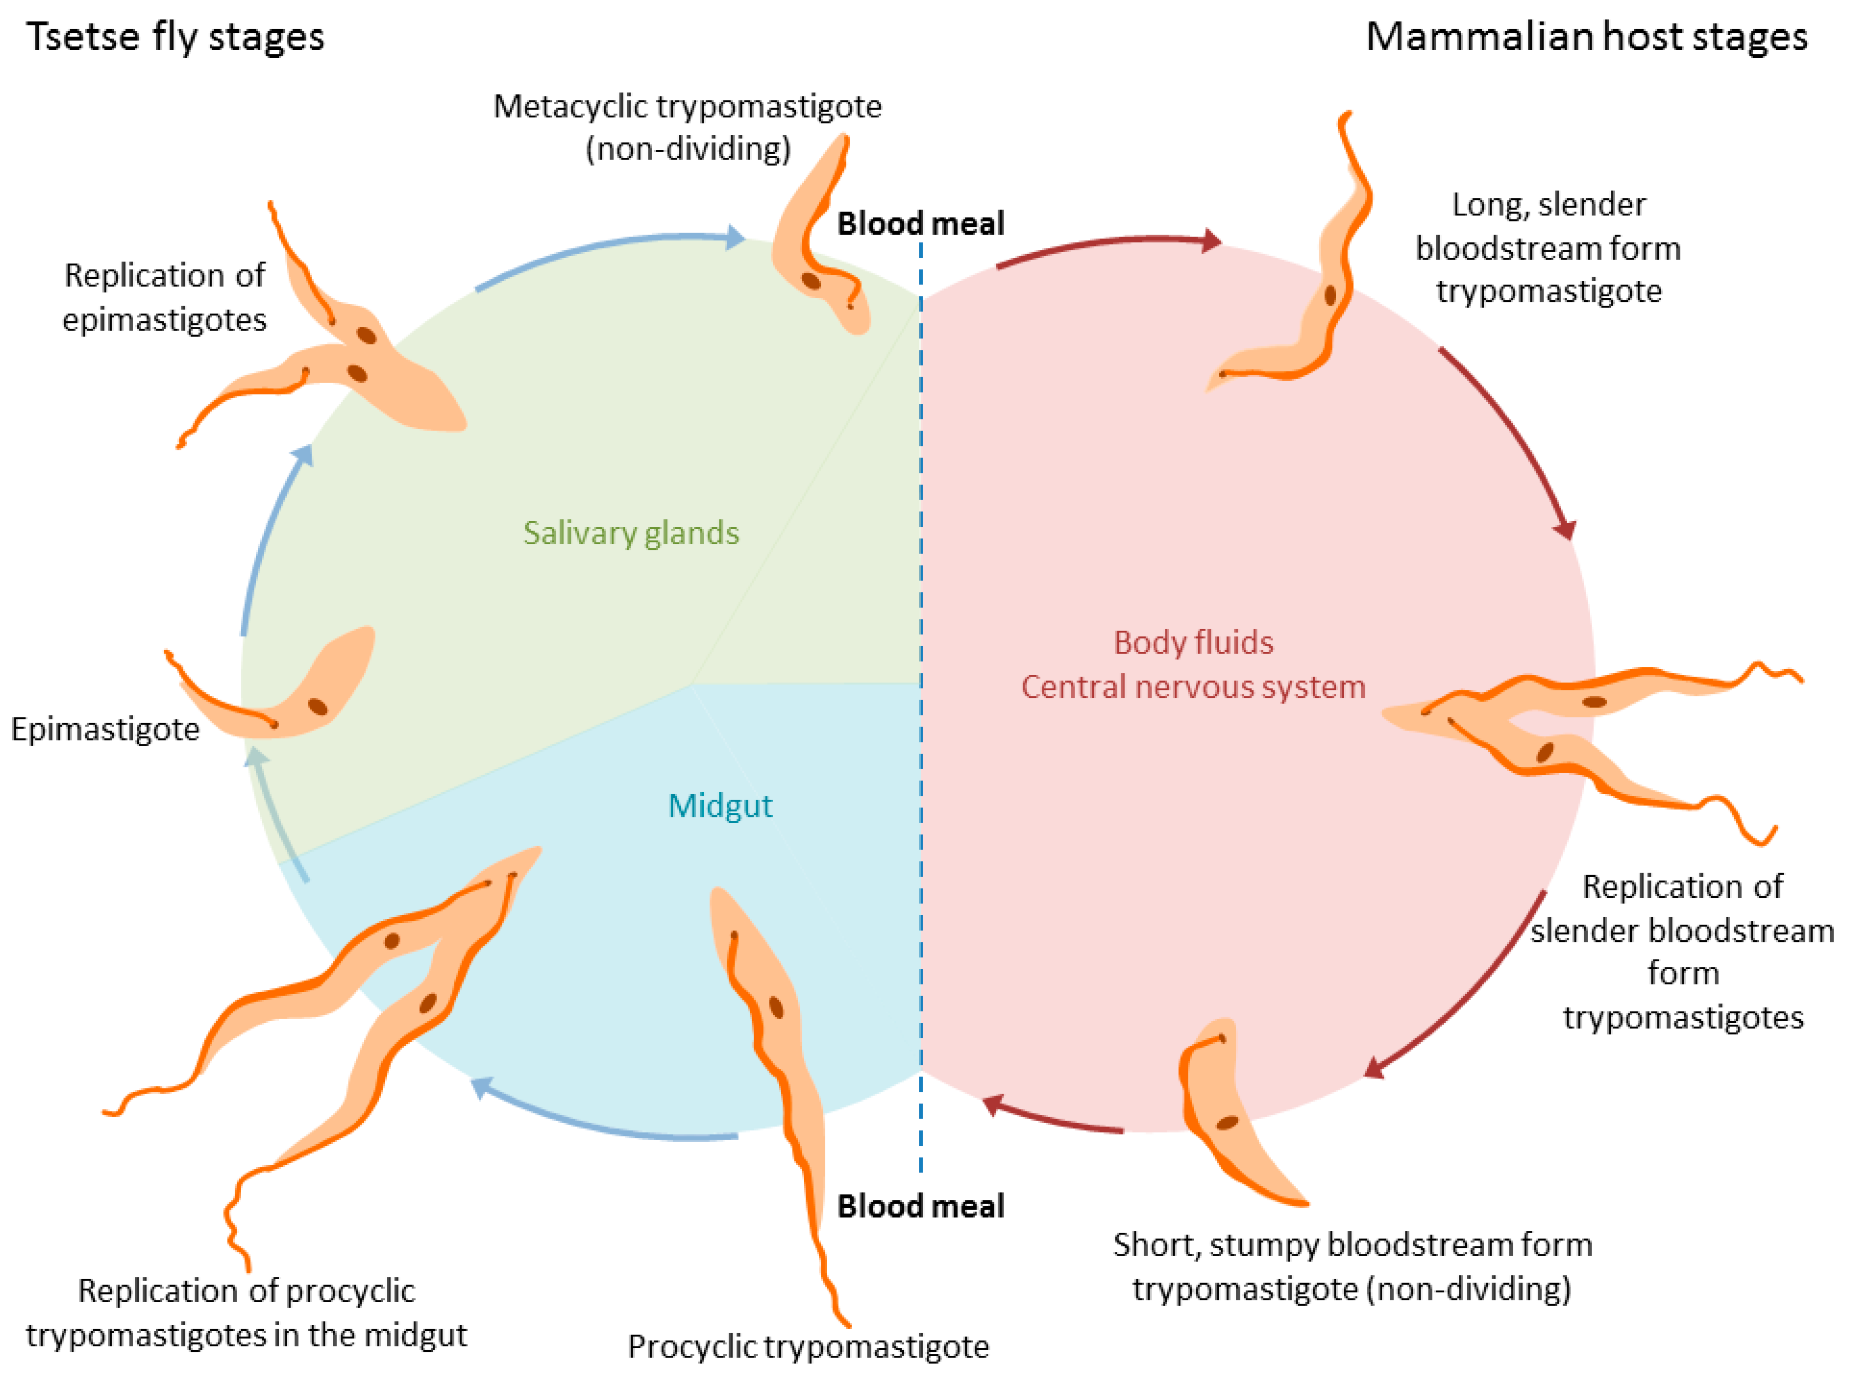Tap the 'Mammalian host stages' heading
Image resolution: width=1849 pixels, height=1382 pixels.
pos(1586,37)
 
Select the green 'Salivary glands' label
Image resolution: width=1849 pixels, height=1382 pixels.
pos(631,532)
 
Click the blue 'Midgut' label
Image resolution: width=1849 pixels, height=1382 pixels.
pos(720,805)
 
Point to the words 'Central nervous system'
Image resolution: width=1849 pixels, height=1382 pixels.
pos(1193,687)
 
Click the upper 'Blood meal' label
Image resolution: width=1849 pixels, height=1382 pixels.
pos(920,224)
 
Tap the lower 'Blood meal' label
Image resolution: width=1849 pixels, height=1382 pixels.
pos(920,1206)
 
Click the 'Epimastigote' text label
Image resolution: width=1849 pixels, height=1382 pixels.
pos(106,729)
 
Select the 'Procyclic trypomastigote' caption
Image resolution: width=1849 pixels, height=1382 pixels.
pos(808,1346)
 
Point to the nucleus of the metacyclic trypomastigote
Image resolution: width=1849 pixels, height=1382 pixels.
pos(811,281)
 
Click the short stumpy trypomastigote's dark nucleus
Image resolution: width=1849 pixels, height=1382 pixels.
pos(1226,1123)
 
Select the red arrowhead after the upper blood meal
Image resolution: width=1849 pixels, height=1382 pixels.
pos(1211,241)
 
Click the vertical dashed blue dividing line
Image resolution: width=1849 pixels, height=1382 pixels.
pos(921,669)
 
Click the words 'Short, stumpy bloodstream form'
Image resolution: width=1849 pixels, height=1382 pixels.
pos(1352,1245)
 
